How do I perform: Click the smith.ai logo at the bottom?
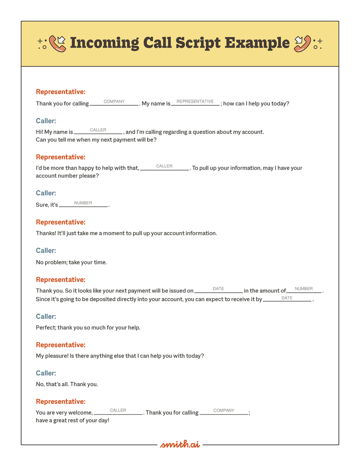point(180,444)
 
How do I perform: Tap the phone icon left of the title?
point(57,43)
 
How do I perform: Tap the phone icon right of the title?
point(302,43)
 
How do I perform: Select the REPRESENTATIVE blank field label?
point(195,102)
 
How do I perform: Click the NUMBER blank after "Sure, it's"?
point(83,204)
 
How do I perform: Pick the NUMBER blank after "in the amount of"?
point(304,289)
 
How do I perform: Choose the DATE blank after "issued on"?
point(218,289)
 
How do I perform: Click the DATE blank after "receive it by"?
point(287,299)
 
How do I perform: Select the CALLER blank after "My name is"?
point(98,131)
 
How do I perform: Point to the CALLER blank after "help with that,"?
point(164,167)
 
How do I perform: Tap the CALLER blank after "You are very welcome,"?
point(118,411)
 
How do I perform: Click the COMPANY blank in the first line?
point(114,102)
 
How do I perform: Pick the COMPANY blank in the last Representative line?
point(224,411)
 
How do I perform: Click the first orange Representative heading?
point(60,92)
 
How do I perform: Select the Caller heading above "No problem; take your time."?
point(46,250)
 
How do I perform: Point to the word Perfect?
point(45,327)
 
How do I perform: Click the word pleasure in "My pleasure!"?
point(57,356)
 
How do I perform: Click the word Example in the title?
point(257,43)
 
